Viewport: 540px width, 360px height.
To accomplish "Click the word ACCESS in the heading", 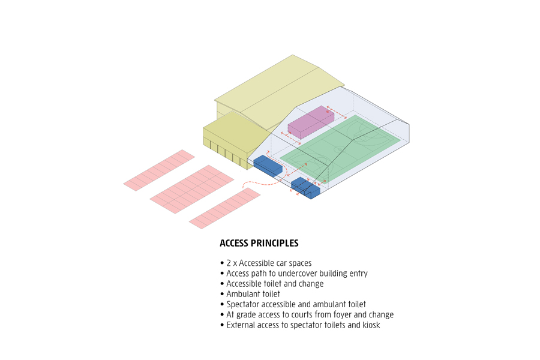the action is tap(235, 244).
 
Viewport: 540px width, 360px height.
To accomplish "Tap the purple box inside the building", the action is tap(310, 122).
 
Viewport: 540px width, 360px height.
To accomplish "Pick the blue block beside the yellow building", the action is tap(268, 166).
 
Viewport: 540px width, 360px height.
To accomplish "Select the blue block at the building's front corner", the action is tap(305, 187).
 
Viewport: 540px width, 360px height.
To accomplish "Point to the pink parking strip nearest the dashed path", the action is tap(224, 208).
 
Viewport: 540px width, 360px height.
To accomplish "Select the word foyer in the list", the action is tap(338, 314).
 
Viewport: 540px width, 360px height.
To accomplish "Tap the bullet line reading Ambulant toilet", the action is tap(253, 294).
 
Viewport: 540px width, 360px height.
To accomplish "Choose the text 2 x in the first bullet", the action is tap(231, 263).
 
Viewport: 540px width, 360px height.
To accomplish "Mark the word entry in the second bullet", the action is tap(358, 274).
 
